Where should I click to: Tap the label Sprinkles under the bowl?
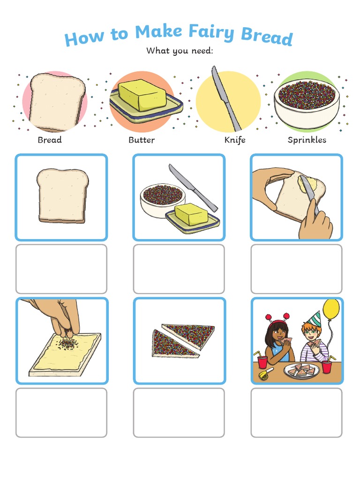point(307,140)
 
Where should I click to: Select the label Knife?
point(234,140)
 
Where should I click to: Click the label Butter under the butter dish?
point(142,140)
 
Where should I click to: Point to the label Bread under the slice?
point(50,140)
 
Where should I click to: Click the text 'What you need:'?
point(180,51)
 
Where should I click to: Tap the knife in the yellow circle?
point(225,98)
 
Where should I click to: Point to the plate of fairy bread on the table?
point(301,370)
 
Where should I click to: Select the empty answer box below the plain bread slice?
point(61,269)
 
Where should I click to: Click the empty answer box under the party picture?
point(296,412)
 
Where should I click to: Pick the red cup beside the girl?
point(263,362)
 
